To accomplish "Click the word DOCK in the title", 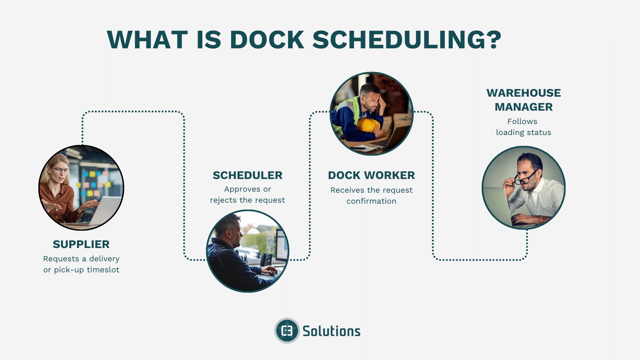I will tap(267, 40).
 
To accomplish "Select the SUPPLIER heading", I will tap(81, 244).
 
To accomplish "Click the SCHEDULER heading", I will tap(247, 175).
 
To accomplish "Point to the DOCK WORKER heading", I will tap(371, 175).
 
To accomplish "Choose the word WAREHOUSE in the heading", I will tap(523, 93).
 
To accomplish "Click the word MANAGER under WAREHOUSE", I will tap(523, 107).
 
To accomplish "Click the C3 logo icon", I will tap(287, 331).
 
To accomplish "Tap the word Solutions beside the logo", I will tap(331, 331).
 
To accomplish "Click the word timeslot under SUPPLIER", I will tap(103, 270).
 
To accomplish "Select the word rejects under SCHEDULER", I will tap(223, 200).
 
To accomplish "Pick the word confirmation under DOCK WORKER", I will tap(371, 201).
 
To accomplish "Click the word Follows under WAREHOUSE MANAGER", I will tap(522, 121).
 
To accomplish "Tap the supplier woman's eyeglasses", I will tap(61, 170).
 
